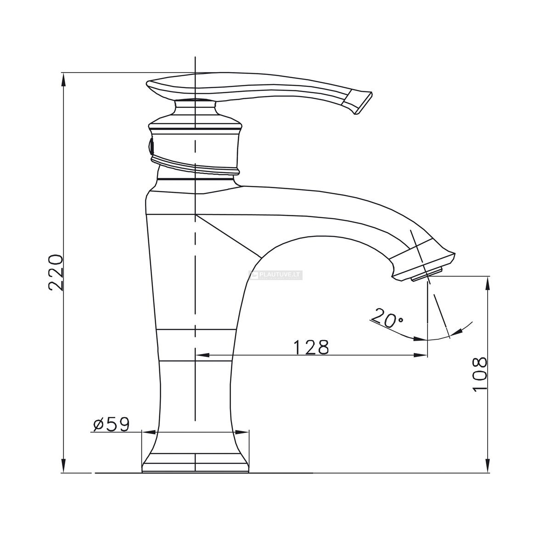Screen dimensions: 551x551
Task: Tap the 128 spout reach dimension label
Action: coord(311,347)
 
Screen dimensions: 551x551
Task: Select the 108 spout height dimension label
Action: coord(479,374)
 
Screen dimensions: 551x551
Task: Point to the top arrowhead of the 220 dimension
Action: coord(64,79)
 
